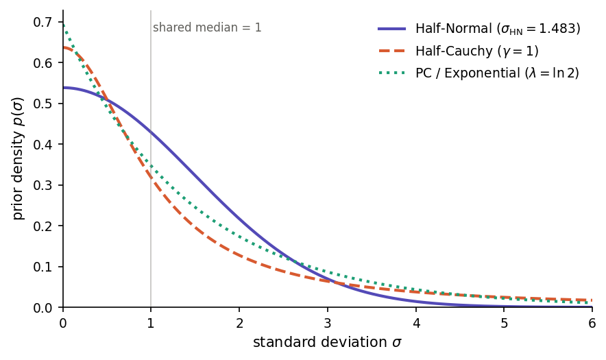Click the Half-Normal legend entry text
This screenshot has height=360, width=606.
coord(498,29)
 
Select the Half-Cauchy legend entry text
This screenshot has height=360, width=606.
coord(476,51)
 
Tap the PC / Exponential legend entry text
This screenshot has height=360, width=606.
coord(497,73)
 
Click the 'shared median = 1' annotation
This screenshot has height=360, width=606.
coord(207,28)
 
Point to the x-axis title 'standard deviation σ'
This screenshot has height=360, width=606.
coord(327,342)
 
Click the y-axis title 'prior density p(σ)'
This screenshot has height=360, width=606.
coord(18,158)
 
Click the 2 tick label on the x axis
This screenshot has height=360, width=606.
coord(239,322)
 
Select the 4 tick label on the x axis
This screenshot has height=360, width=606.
coord(415,322)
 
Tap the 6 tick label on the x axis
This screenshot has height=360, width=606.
coord(592,322)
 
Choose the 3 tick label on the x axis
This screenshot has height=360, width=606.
coord(328,322)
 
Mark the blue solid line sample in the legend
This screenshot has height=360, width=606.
coord(391,29)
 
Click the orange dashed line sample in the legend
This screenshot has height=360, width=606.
coord(391,51)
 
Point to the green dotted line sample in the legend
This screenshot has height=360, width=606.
coord(391,73)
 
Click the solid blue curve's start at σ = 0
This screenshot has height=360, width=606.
coord(64,88)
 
